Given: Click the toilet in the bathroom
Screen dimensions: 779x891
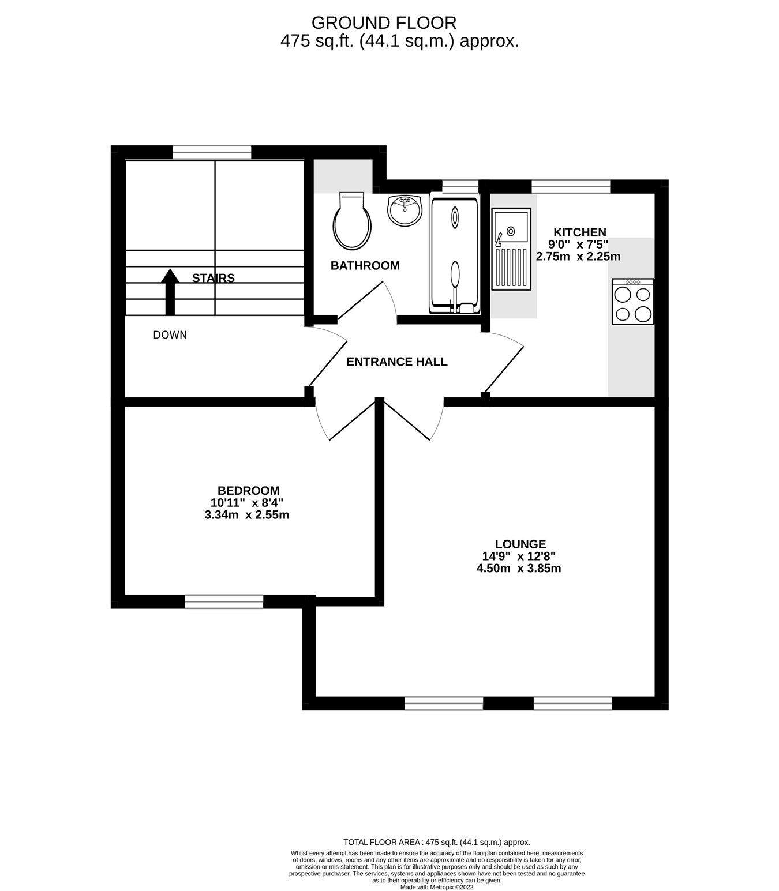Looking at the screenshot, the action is click(x=352, y=221).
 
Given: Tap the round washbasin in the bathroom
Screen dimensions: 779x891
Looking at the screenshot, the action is click(x=405, y=210).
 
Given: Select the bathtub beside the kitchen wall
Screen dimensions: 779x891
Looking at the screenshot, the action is click(x=454, y=255).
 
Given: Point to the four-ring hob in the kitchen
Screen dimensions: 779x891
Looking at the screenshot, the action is click(x=632, y=302).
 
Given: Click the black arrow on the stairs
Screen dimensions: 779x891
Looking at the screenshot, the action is click(x=170, y=292).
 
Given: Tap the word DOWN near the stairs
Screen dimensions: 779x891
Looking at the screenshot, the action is click(x=170, y=335).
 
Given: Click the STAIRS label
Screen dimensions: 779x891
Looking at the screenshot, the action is click(x=214, y=278).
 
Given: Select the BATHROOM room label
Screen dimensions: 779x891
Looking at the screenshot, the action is click(x=365, y=266).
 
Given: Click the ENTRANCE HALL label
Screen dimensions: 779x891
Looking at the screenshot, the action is click(x=397, y=362).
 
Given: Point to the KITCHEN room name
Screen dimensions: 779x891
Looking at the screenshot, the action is click(x=580, y=232).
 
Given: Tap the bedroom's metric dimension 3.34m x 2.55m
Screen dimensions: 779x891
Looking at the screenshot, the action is click(x=247, y=515).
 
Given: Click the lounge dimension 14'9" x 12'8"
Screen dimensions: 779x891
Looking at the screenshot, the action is click(x=519, y=556).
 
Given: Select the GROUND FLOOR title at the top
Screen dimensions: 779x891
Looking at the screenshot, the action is click(x=384, y=22).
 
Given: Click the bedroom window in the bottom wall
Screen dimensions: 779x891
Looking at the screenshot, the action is click(x=224, y=602).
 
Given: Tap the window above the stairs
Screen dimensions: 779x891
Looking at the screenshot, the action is click(x=212, y=152).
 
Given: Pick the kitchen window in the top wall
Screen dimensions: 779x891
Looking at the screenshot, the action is click(x=571, y=186).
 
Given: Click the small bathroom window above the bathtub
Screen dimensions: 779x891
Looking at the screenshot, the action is click(x=460, y=186).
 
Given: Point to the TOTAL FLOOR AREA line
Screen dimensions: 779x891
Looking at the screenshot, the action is click(x=437, y=842).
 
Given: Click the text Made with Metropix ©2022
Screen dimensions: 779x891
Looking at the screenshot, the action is click(x=437, y=886).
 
